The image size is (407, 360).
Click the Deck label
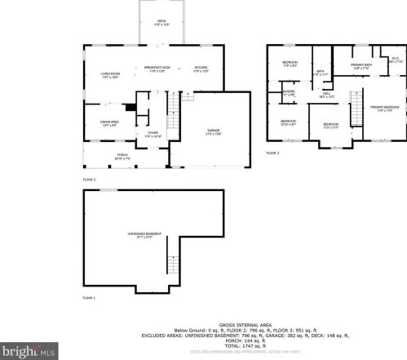[x=161, y=23]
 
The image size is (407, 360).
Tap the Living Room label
[x=100, y=76]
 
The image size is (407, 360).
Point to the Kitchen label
[x=201, y=69]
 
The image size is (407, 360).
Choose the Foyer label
[x=153, y=133]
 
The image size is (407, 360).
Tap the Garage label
[x=214, y=131]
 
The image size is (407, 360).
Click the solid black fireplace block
[x=128, y=106]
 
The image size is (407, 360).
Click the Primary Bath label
[x=361, y=66]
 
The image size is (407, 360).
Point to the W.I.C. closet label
[x=394, y=60]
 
